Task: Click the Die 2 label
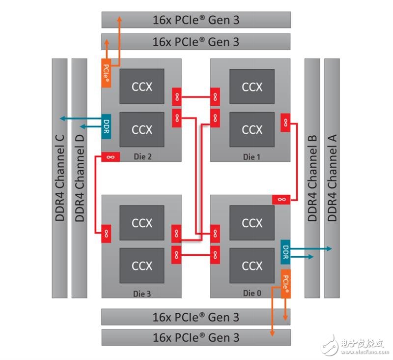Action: pos(142,156)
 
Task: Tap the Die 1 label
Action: pos(252,157)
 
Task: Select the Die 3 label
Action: pos(142,294)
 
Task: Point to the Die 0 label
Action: pos(252,293)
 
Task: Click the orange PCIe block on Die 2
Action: pos(106,73)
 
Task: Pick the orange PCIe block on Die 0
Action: pos(286,284)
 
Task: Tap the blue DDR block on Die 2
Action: pos(106,126)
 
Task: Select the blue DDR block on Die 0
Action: pos(285,252)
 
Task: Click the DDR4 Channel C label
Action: pos(59,178)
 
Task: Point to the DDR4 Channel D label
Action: pos(80,178)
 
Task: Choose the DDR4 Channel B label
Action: pos(312,178)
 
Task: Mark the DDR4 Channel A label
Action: pos(332,178)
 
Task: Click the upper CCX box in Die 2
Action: pos(142,87)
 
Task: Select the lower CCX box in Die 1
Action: pos(252,129)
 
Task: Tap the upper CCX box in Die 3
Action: pos(142,223)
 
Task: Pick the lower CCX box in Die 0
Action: pos(252,266)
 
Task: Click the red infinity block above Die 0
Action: pos(281,200)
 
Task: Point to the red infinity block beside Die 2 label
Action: pos(111,157)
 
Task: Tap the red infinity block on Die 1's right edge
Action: pos(285,122)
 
